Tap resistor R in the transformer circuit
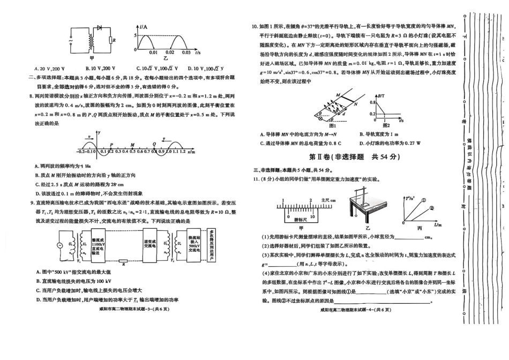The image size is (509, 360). click(x=110, y=40)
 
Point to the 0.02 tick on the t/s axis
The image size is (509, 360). click(x=169, y=52)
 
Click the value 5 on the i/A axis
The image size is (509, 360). click(x=135, y=34)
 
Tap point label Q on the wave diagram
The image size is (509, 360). click(x=154, y=144)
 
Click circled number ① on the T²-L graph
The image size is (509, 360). click(x=424, y=200)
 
